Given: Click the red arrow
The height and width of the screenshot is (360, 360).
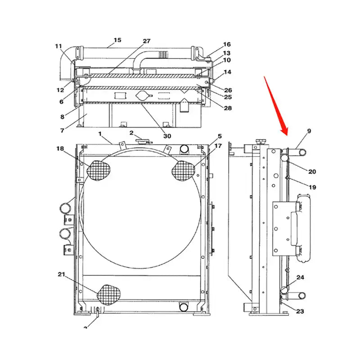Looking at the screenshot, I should [x=276, y=105].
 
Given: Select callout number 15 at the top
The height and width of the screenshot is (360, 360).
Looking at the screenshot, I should [x=117, y=40].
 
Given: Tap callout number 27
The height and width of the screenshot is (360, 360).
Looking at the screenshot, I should [x=147, y=41].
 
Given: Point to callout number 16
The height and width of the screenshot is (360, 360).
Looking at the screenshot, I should [x=227, y=45].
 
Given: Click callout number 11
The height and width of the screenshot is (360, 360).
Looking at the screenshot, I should [x=59, y=46].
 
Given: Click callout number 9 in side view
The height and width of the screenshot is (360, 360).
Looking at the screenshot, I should [x=309, y=131].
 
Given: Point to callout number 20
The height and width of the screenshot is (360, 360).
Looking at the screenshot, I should [x=312, y=171].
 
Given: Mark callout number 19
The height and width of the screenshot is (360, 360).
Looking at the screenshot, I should [x=312, y=187].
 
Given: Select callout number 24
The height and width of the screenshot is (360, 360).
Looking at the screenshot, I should [x=300, y=278].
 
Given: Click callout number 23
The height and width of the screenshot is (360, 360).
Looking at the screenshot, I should [x=300, y=310].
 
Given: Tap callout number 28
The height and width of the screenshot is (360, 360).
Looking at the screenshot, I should [x=228, y=108].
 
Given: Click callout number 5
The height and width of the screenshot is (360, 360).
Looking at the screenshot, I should [x=220, y=136].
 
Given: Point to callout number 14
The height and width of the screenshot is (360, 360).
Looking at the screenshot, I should [x=227, y=72].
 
